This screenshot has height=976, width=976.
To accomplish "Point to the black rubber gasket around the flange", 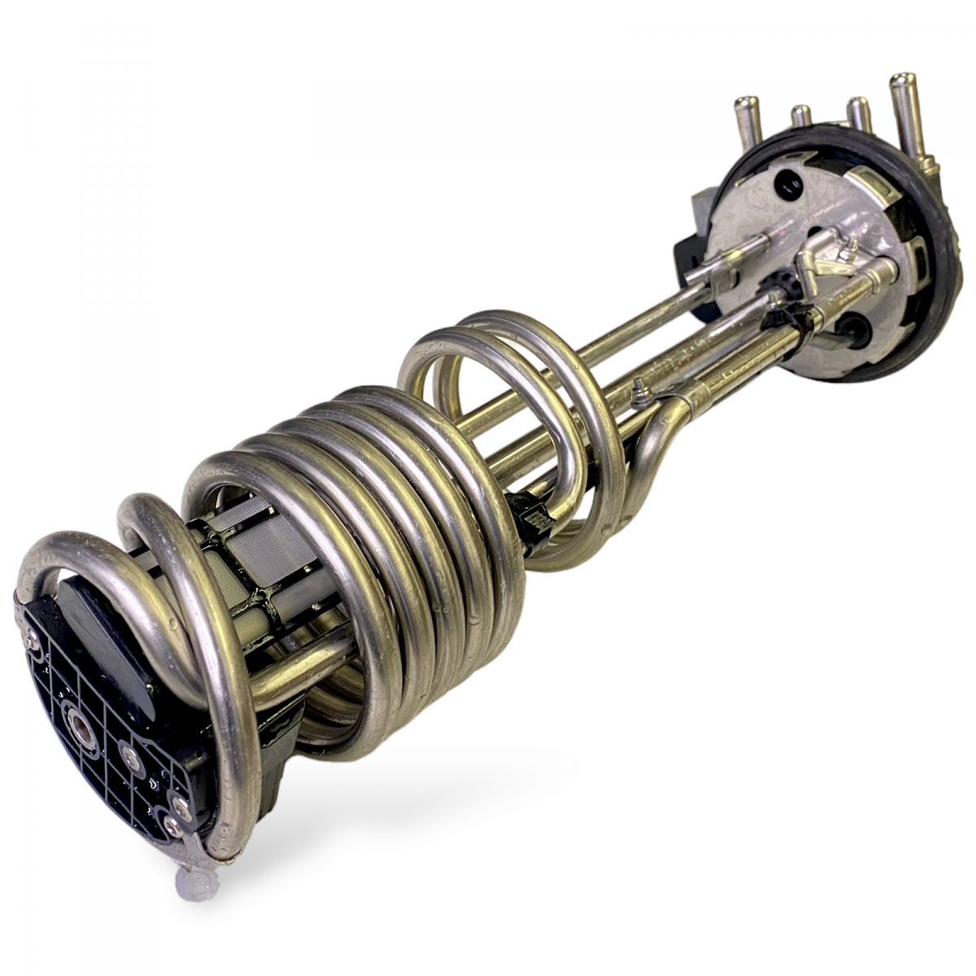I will tap(943, 244).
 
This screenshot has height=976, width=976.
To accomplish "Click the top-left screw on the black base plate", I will tap(31, 642).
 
